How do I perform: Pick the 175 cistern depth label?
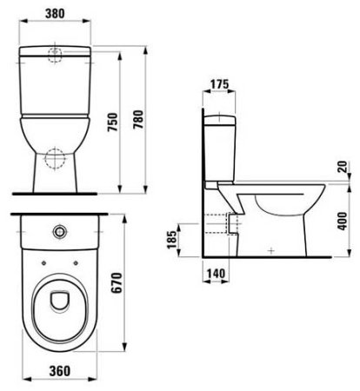point(218,84)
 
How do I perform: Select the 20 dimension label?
point(344,166)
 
